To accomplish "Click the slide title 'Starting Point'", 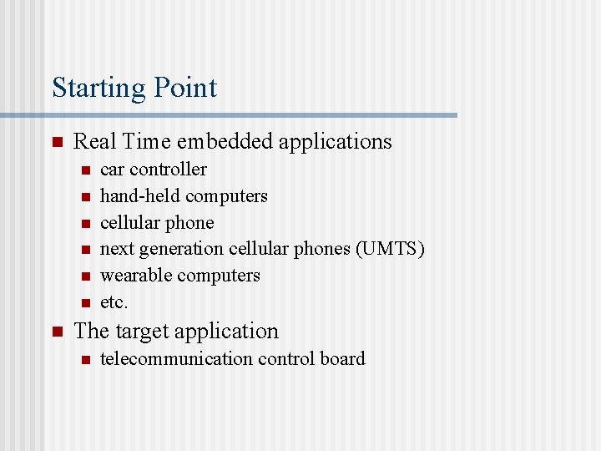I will tap(134, 88).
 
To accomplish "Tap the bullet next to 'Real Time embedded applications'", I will tap(57, 142).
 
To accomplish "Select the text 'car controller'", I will tap(154, 170).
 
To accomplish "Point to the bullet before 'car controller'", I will tap(84, 170).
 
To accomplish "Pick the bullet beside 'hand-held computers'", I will tap(84, 196).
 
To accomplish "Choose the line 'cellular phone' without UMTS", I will tap(157, 223).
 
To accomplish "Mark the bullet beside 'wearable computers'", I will tap(84, 276).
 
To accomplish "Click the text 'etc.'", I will tap(114, 302).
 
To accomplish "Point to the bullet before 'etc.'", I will tap(84, 302).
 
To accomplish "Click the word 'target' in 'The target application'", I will tap(143, 332).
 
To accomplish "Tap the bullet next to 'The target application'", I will tap(57, 332).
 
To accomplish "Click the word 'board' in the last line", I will tap(343, 359).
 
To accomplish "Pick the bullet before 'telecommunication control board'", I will tap(84, 359).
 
